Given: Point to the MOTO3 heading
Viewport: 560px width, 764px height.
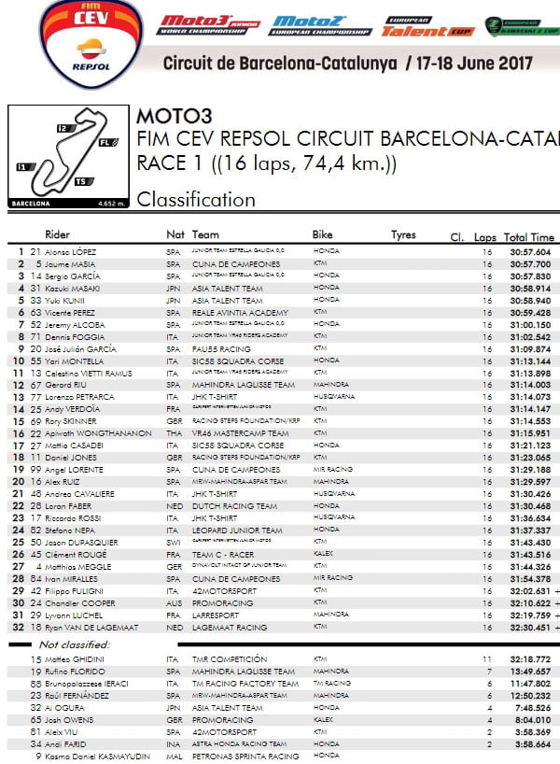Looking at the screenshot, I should tap(175, 117).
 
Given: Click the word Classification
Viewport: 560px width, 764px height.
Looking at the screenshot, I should tap(196, 199).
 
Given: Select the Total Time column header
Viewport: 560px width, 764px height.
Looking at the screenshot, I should tap(529, 237).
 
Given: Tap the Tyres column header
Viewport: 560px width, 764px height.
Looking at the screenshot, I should tap(403, 235).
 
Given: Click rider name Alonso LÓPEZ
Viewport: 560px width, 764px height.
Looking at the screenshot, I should tap(71, 252).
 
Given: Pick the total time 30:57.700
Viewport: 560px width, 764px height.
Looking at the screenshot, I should tap(529, 264).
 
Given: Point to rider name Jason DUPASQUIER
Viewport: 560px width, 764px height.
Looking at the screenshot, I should tap(82, 543).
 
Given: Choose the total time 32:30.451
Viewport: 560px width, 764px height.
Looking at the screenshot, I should tap(529, 628).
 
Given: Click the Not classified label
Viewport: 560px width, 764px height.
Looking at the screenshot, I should tap(74, 644).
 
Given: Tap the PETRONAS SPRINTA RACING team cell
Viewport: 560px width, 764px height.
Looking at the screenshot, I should tap(245, 756).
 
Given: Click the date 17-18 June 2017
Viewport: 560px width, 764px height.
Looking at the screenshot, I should tap(474, 64).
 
